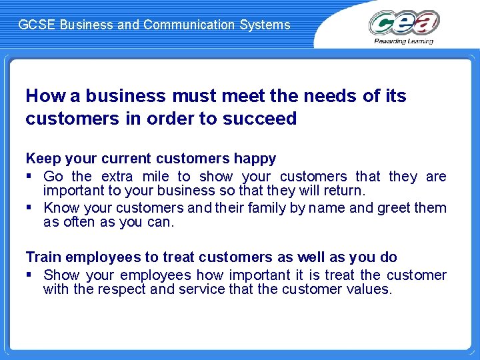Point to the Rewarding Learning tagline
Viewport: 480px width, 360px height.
point(404,41)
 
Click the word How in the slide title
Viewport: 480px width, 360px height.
point(45,96)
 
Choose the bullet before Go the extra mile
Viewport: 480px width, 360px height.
point(29,177)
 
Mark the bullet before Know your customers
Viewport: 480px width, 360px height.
point(29,208)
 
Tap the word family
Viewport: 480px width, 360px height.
point(267,208)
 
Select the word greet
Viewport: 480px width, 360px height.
point(395,208)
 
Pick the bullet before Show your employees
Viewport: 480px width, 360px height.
point(29,275)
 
